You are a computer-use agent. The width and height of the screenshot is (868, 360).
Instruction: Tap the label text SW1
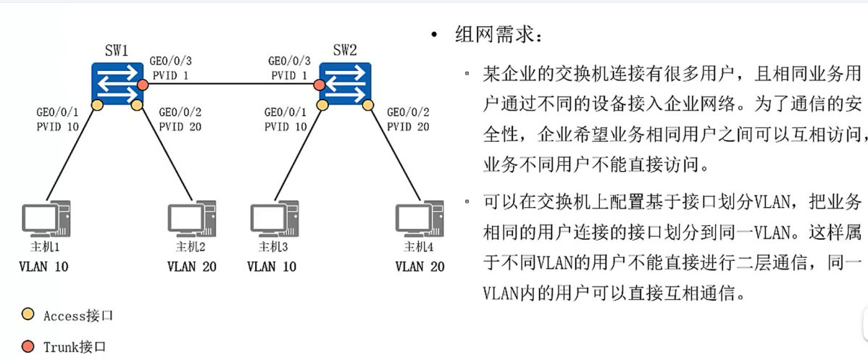(x=116, y=51)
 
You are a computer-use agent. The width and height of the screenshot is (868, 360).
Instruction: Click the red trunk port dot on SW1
(x=143, y=86)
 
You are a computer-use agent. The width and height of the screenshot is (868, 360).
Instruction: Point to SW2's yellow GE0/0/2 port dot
(x=368, y=106)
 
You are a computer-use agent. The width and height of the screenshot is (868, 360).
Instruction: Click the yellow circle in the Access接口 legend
(x=27, y=315)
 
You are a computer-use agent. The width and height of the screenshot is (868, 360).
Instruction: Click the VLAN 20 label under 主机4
(x=420, y=267)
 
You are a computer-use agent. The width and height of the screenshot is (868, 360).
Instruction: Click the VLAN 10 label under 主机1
(x=43, y=267)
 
